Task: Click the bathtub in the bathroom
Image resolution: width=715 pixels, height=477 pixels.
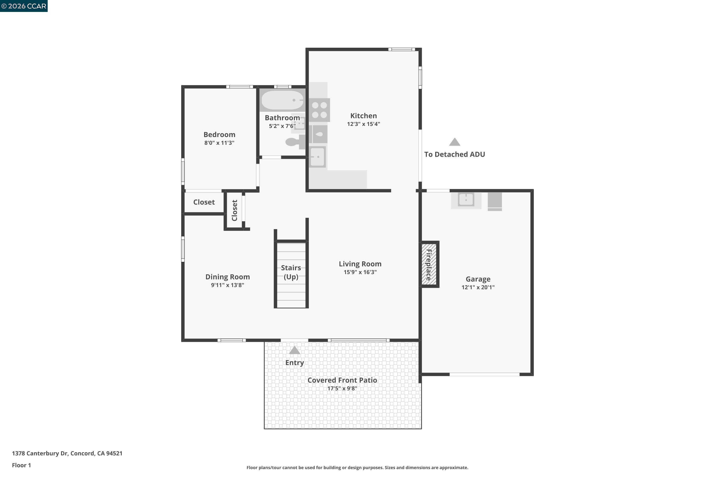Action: tap(282, 100)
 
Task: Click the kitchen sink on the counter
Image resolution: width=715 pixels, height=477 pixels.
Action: tap(317, 157)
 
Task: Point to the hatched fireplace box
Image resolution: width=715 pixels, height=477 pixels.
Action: tap(429, 264)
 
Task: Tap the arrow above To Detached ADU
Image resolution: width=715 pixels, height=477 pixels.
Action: tap(455, 142)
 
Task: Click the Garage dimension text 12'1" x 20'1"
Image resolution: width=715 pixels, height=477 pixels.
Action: tap(478, 287)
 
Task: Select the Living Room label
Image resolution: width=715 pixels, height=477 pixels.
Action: tap(360, 264)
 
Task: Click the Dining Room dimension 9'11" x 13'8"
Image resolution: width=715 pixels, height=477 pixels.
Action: tap(227, 285)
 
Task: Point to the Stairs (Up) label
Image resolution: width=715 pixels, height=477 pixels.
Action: tap(291, 272)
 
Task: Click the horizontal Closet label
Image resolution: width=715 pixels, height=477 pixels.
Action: tap(204, 202)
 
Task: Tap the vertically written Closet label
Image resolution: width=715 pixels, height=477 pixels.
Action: tap(234, 210)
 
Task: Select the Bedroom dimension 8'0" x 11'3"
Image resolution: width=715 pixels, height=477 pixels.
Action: tap(219, 143)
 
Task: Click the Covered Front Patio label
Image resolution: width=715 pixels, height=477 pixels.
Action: tap(342, 380)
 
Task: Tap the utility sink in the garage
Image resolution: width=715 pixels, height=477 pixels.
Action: tap(466, 200)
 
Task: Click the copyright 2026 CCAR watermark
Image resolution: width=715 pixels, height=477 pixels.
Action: tap(24, 6)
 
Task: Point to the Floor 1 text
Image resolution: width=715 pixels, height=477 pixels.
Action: tap(21, 465)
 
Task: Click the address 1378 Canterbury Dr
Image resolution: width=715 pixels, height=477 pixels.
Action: tap(67, 453)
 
